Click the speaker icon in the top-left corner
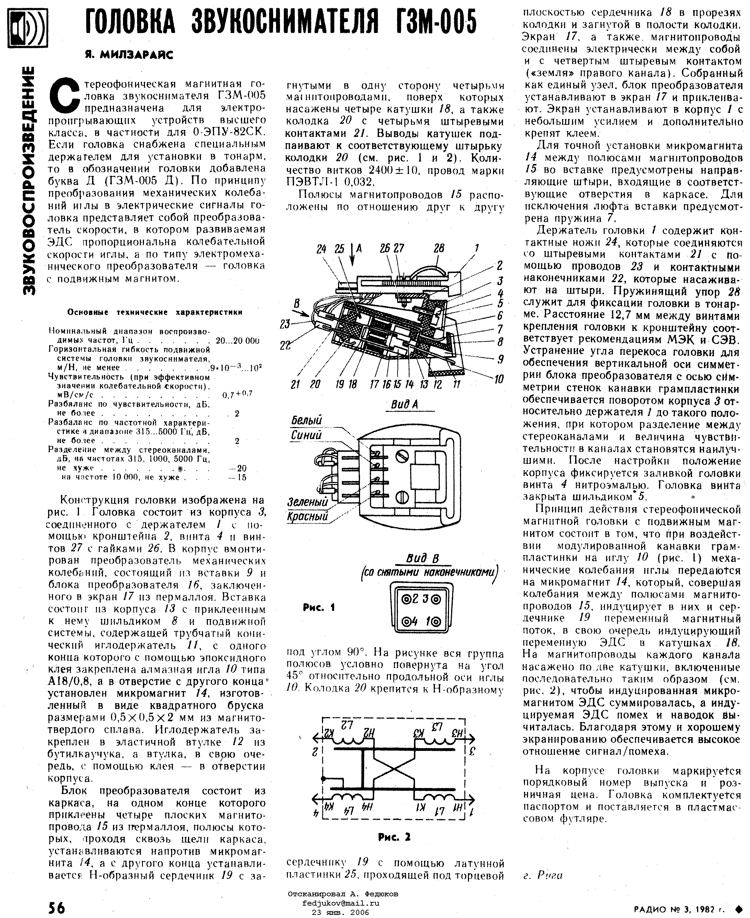[27, 28]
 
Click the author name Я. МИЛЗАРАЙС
[128, 55]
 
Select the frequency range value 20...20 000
[237, 341]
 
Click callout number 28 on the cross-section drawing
[439, 248]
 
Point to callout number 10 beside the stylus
[499, 379]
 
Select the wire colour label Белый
[306, 420]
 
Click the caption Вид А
[404, 404]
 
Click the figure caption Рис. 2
[394, 837]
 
